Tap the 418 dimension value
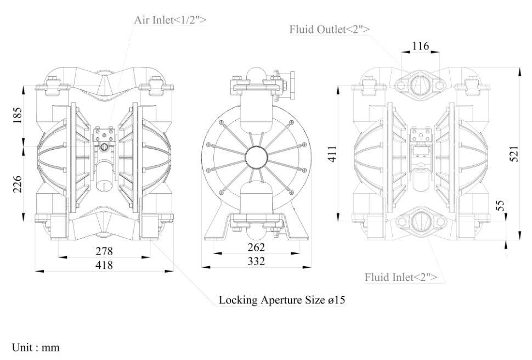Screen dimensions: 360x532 (104, 266)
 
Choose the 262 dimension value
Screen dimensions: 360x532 (256, 247)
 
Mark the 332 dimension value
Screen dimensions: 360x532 (256, 262)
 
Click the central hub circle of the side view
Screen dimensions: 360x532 (256, 157)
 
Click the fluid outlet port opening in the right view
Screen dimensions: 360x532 (420, 85)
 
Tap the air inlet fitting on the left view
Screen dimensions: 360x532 (104, 147)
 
